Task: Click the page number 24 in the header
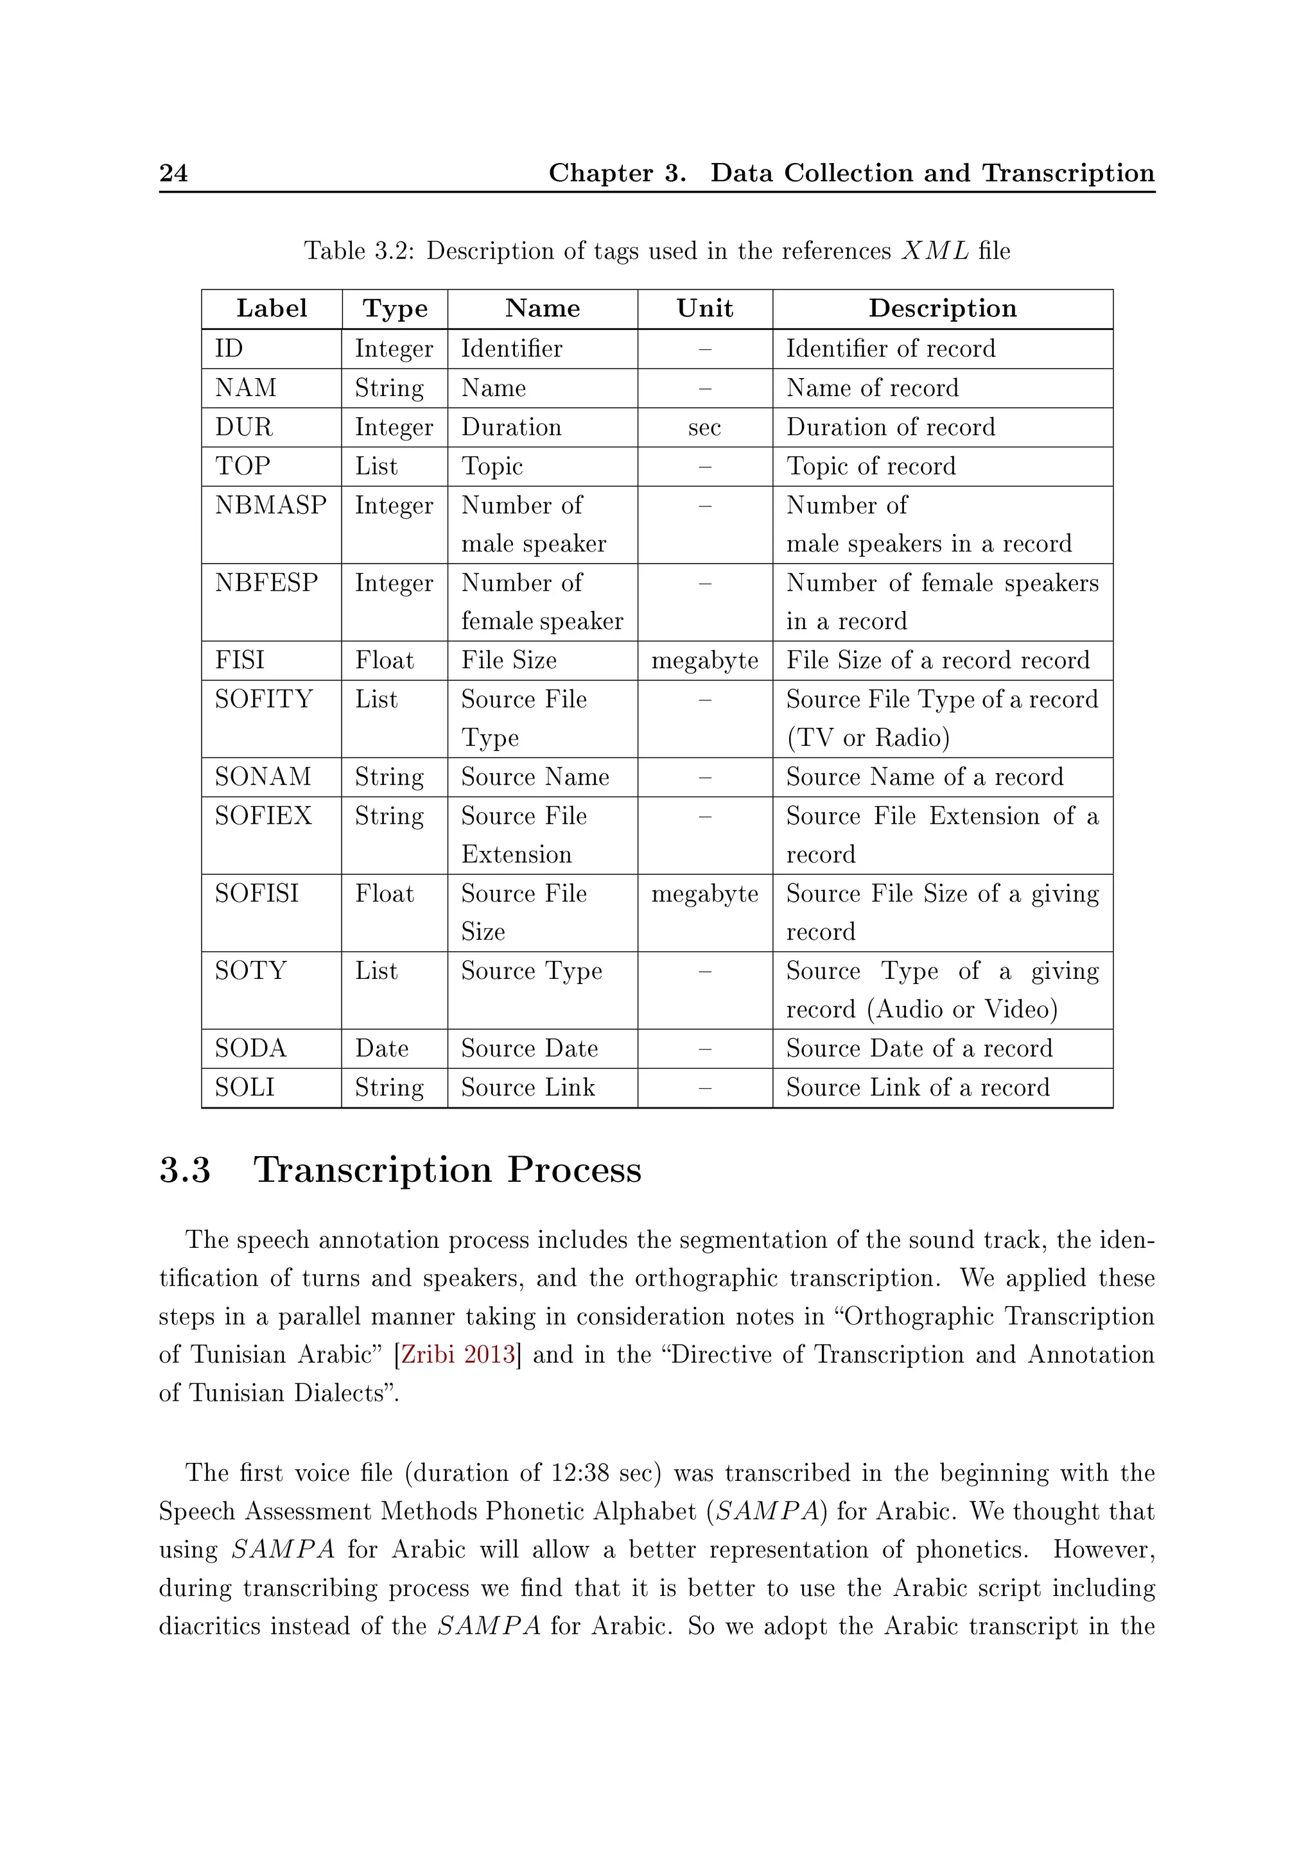[x=173, y=173]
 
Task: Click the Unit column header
[x=704, y=309]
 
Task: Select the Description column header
[x=942, y=309]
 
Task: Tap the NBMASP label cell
[x=270, y=505]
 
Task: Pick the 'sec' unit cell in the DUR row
[x=704, y=428]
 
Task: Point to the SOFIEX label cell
[x=263, y=816]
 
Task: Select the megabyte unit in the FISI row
[x=704, y=661]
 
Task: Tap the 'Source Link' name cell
[x=528, y=1087]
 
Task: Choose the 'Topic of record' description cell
[x=871, y=467]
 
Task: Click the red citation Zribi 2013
[x=458, y=1354]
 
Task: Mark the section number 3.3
[x=185, y=1171]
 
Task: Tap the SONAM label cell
[x=263, y=777]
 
